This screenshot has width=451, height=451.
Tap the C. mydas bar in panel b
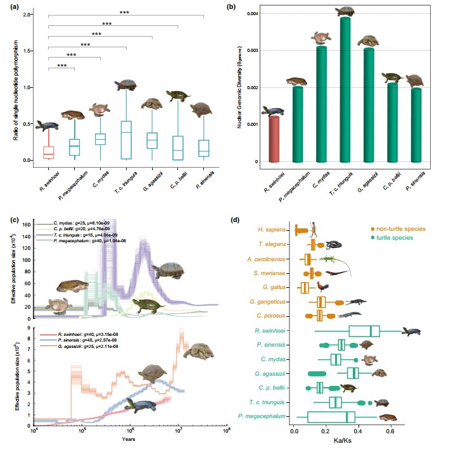(321, 104)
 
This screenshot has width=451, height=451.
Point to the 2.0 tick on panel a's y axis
(28, 15)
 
